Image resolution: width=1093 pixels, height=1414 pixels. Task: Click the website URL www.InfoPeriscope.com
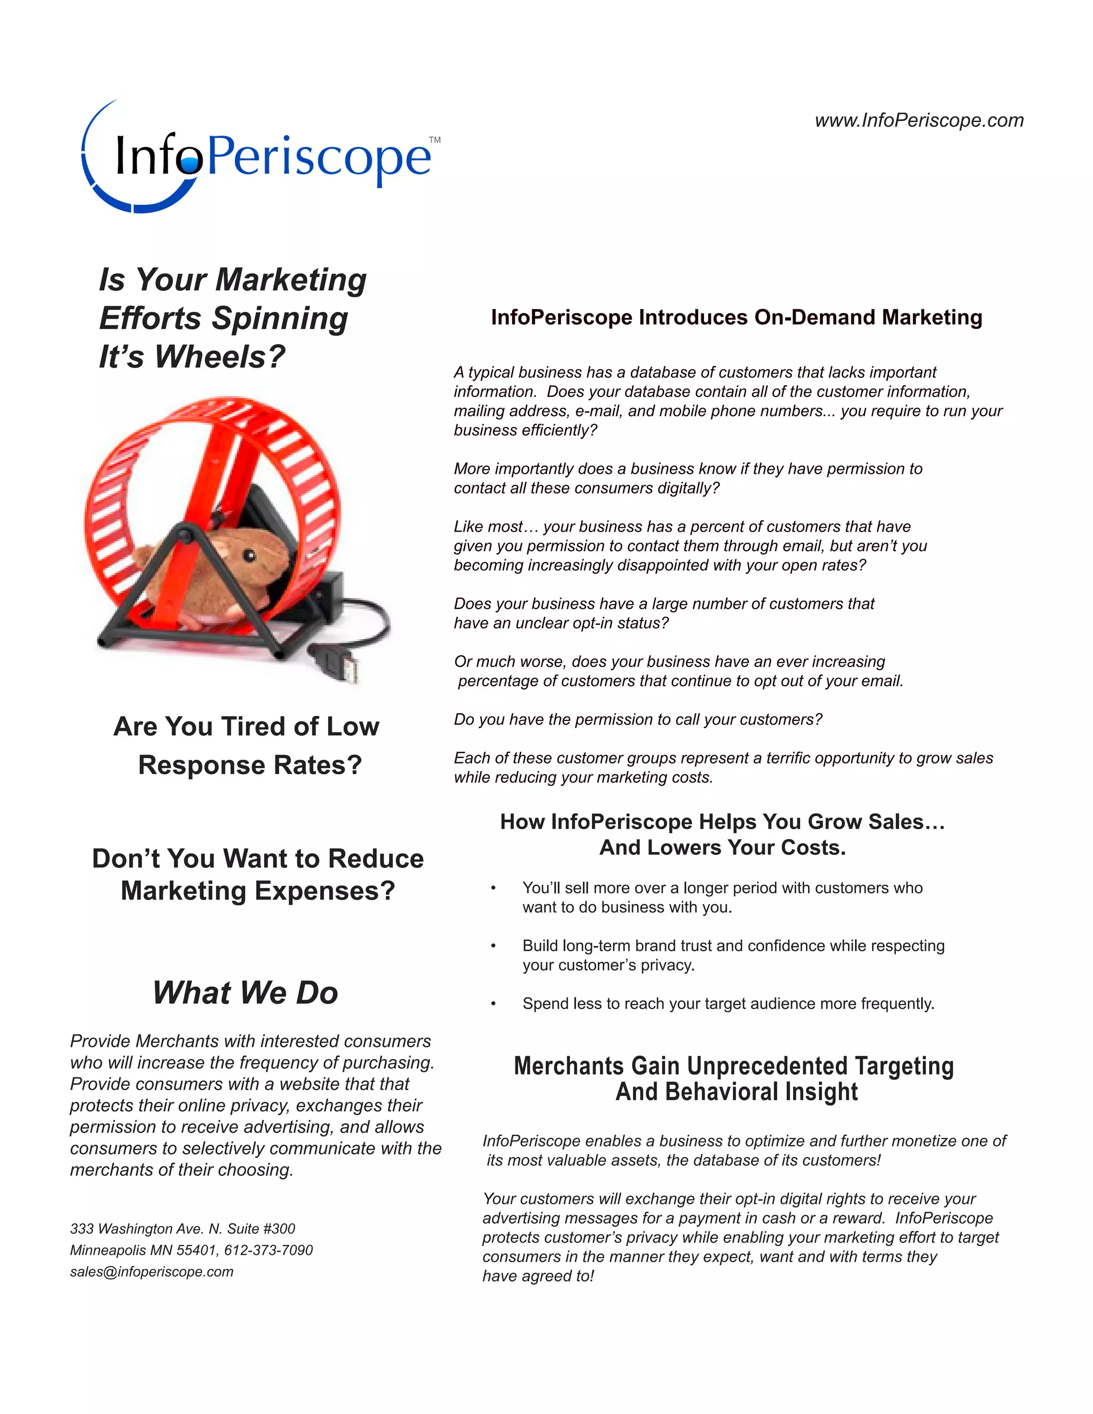(x=919, y=121)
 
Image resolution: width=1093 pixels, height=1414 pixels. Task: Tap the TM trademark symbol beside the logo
(x=434, y=140)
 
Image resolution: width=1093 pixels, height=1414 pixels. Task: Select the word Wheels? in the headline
(x=220, y=357)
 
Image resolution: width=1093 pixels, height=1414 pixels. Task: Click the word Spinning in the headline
(x=280, y=319)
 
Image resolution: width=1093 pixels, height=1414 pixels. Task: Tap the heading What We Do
(x=245, y=992)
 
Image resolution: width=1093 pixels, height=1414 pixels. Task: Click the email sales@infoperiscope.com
(x=152, y=1272)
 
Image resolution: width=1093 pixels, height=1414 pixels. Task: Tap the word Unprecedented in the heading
(x=767, y=1066)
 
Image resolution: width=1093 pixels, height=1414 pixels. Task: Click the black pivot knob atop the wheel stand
(x=183, y=534)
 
